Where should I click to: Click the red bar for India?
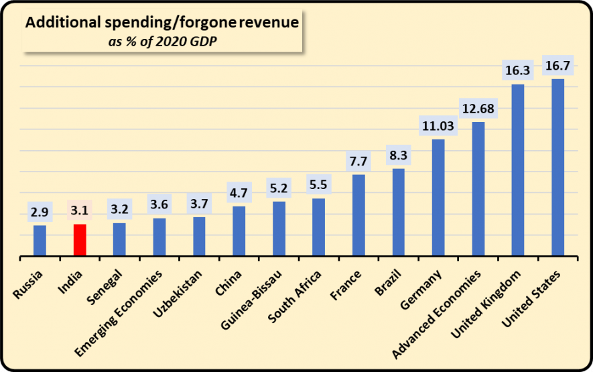tap(80, 240)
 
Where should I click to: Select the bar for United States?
tap(557, 168)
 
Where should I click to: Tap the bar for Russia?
tap(40, 241)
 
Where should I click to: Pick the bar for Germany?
tap(438, 198)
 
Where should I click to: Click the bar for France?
tap(358, 215)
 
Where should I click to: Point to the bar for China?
tap(239, 231)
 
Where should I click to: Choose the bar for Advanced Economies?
tap(478, 189)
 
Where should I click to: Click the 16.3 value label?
tap(517, 68)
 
